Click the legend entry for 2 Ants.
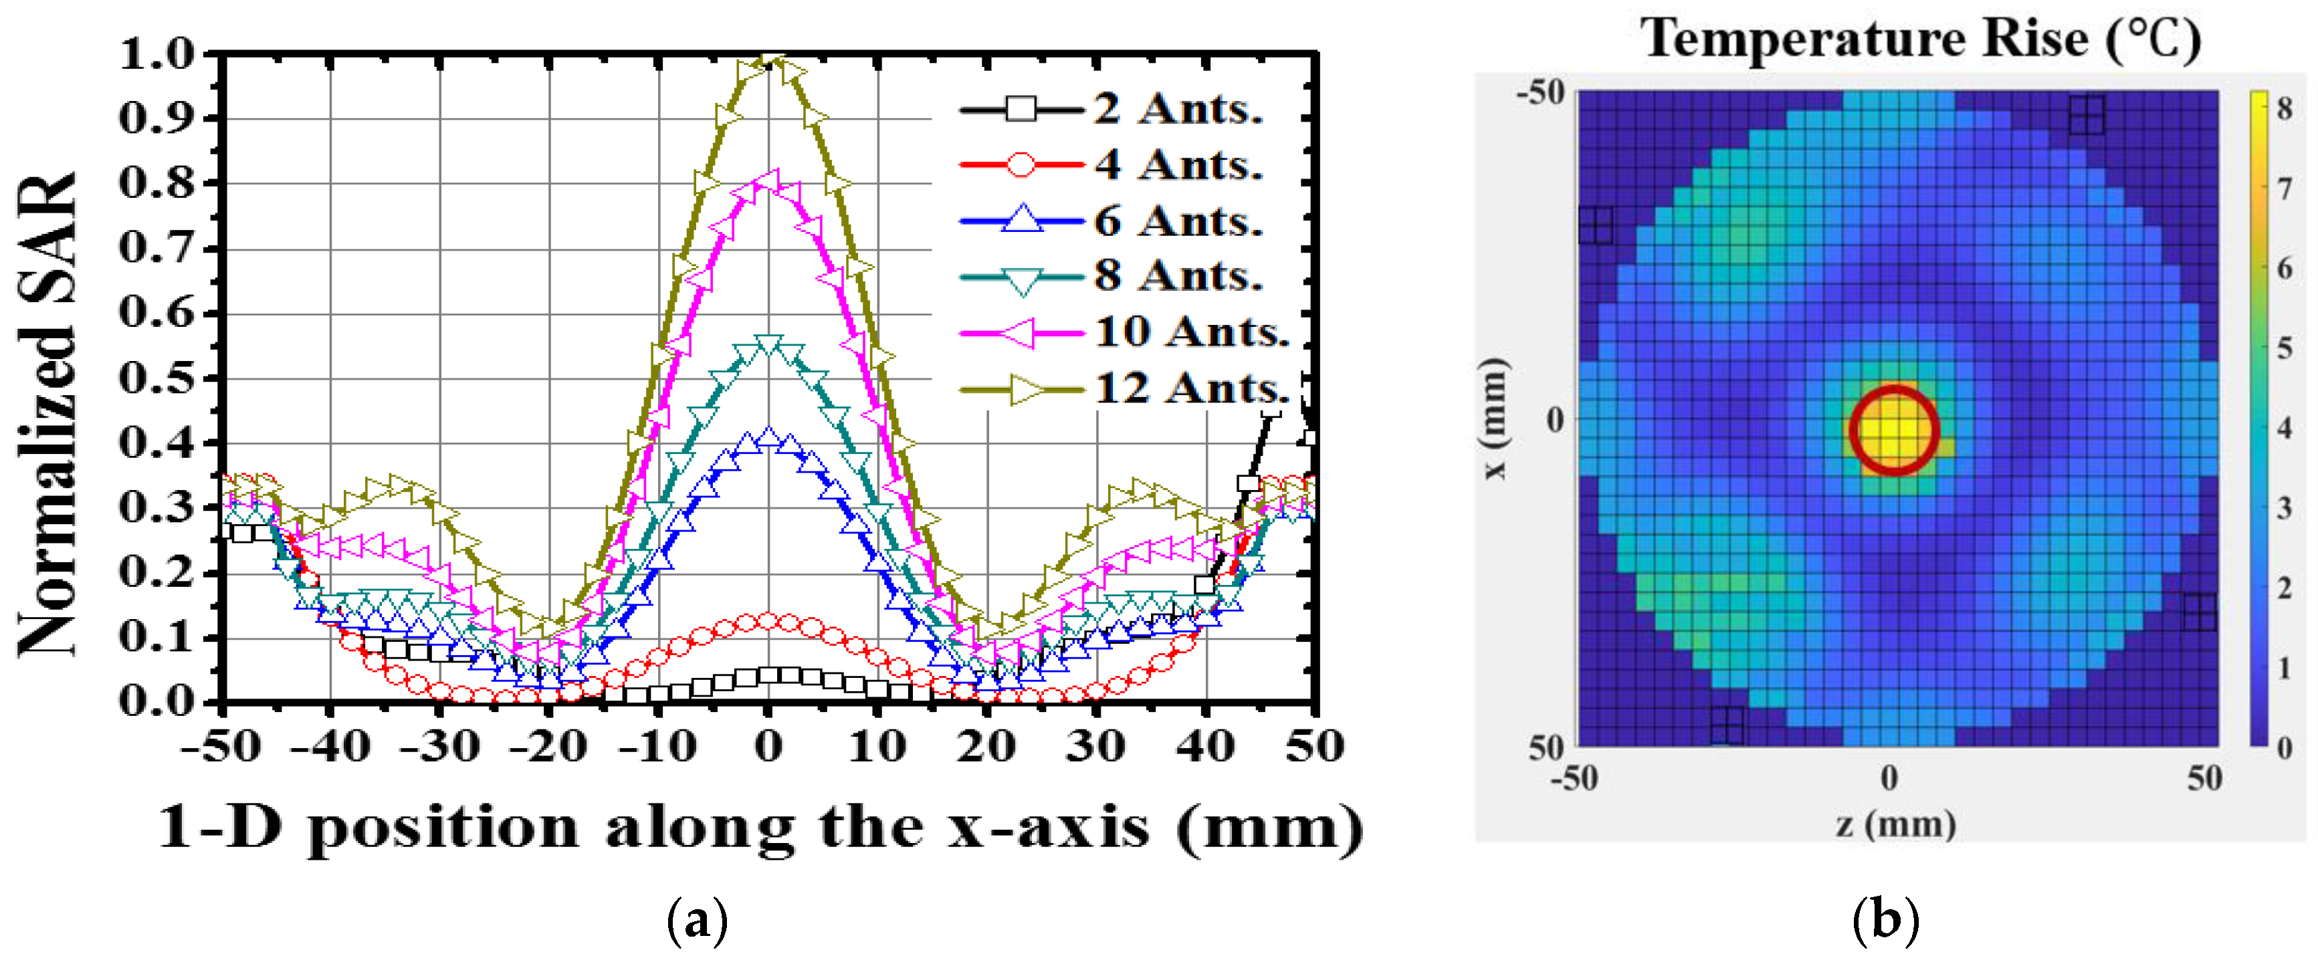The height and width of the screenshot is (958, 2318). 1179,110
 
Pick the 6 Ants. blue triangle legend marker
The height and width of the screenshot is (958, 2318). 1021,221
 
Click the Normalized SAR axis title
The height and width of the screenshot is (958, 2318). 47,414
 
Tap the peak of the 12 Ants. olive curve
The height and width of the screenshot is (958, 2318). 768,63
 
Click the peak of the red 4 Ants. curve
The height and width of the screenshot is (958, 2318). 768,620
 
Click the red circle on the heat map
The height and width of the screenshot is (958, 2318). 1894,430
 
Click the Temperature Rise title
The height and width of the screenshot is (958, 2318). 1920,39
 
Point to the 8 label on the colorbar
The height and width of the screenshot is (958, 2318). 2285,110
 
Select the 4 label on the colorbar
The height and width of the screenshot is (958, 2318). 2285,428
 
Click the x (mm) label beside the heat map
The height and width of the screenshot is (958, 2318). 1493,418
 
